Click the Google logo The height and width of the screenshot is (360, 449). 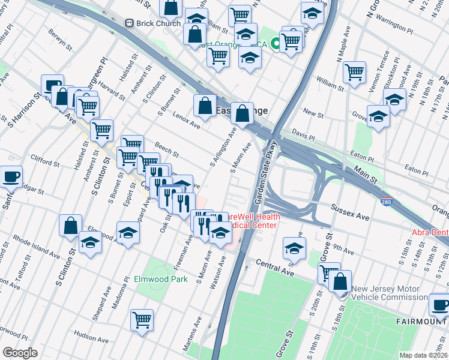pyautogui.click(x=20, y=352)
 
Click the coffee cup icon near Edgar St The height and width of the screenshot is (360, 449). pyautogui.click(x=11, y=176)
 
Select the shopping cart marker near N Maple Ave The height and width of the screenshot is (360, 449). pyautogui.click(x=355, y=72)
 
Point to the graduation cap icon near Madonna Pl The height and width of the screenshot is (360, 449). pyautogui.click(x=128, y=233)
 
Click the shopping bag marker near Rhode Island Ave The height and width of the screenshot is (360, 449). pyautogui.click(x=70, y=225)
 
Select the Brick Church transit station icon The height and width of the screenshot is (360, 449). pyautogui.click(x=128, y=23)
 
